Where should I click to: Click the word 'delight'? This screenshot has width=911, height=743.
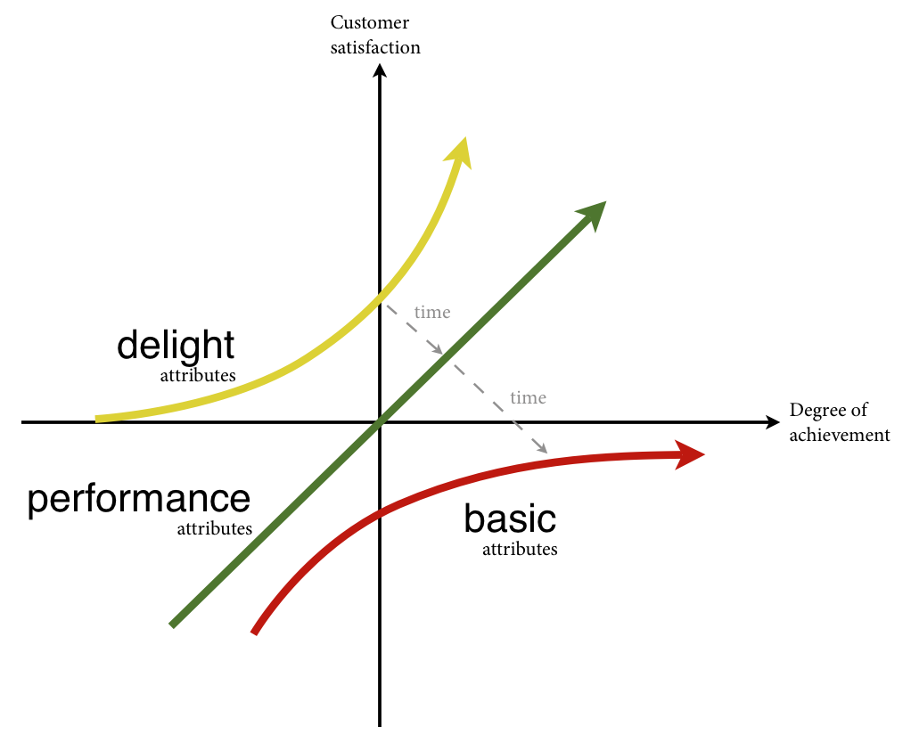pos(176,346)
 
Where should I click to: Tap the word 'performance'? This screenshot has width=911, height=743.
pos(138,501)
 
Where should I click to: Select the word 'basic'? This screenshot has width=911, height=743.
pos(510,518)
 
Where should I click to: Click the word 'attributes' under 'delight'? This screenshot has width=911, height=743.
pos(198,375)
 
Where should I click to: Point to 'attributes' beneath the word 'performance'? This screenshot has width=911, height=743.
pos(215,528)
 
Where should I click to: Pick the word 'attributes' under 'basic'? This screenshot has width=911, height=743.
pos(520,549)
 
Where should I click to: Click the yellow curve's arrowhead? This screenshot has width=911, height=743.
pos(460,151)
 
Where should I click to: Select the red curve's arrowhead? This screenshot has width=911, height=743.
pos(690,455)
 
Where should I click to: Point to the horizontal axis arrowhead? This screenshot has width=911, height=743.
pos(772,422)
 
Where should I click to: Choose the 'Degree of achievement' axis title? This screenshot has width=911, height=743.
pos(840,422)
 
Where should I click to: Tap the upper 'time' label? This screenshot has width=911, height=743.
pos(432,313)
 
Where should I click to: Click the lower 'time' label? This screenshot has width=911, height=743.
pos(528,397)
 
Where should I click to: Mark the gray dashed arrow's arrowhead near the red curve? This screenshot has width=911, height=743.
pos(541,449)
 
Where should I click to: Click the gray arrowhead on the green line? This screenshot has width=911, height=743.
pos(438,350)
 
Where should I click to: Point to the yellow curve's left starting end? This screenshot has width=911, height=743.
pos(97,419)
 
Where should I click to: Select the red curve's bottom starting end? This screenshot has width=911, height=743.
pos(255,632)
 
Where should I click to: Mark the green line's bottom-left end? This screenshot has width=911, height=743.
pos(172,625)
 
